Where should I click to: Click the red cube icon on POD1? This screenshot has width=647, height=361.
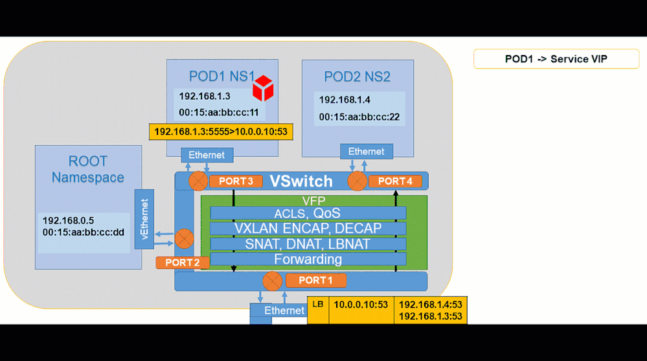tap(263, 88)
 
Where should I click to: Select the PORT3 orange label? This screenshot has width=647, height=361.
tap(236, 181)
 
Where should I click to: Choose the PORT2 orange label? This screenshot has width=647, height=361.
tap(183, 262)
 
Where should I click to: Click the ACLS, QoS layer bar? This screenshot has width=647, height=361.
tap(308, 213)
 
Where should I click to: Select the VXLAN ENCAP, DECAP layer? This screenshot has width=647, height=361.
tap(308, 229)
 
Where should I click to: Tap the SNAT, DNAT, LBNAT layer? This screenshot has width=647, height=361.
tap(308, 244)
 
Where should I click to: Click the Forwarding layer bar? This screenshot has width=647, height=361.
tap(308, 259)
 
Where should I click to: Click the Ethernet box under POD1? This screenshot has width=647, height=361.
tap(207, 155)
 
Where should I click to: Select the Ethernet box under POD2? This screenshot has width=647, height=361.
tap(366, 152)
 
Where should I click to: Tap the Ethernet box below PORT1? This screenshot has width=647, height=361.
tap(284, 311)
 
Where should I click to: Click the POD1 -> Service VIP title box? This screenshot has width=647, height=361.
tap(556, 59)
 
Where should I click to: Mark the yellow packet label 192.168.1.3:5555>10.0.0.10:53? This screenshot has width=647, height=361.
tap(220, 132)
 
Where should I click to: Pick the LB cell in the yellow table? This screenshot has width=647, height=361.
tap(318, 305)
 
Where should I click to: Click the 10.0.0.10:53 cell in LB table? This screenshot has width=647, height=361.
tap(361, 305)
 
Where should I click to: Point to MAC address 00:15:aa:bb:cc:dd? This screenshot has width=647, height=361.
tap(83, 232)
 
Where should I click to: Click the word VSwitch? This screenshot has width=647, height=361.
tap(301, 181)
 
